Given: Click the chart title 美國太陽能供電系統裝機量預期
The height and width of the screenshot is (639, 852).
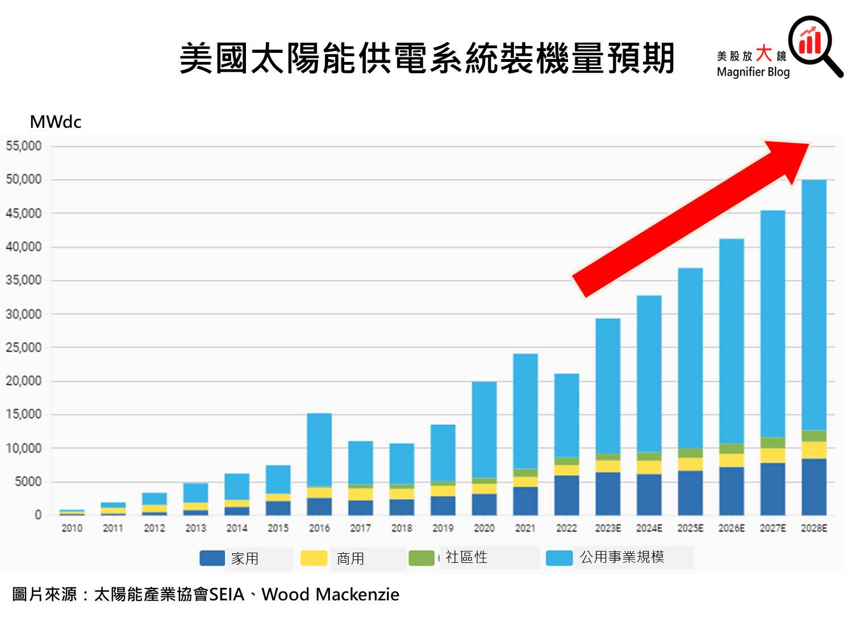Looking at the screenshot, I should click(427, 58).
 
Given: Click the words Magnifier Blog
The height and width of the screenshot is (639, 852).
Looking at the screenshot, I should click(753, 72).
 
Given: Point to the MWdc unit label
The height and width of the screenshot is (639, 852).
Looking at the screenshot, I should click(56, 122).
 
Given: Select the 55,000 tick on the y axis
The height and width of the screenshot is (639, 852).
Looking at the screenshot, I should click(24, 147).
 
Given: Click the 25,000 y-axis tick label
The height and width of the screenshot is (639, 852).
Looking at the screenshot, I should click(24, 348).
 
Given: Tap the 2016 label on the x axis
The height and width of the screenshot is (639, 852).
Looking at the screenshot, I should click(319, 528).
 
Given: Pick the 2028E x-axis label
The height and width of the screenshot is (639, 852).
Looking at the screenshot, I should click(814, 528).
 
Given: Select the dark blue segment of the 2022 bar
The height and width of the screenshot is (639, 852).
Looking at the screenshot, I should click(566, 495).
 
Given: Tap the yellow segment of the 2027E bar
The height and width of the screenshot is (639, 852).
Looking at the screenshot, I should click(772, 456).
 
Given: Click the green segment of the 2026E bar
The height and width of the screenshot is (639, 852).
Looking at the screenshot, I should click(732, 449).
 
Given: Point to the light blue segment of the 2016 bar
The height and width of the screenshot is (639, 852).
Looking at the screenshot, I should click(319, 449).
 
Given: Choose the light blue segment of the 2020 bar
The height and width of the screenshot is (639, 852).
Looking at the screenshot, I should click(484, 429).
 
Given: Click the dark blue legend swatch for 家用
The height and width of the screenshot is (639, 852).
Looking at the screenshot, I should click(212, 558).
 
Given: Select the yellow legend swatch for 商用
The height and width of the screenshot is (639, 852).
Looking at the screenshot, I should click(314, 558).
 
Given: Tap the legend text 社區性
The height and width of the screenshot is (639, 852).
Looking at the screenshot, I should click(466, 557).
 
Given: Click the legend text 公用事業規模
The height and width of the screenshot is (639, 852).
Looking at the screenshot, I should click(622, 557).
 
